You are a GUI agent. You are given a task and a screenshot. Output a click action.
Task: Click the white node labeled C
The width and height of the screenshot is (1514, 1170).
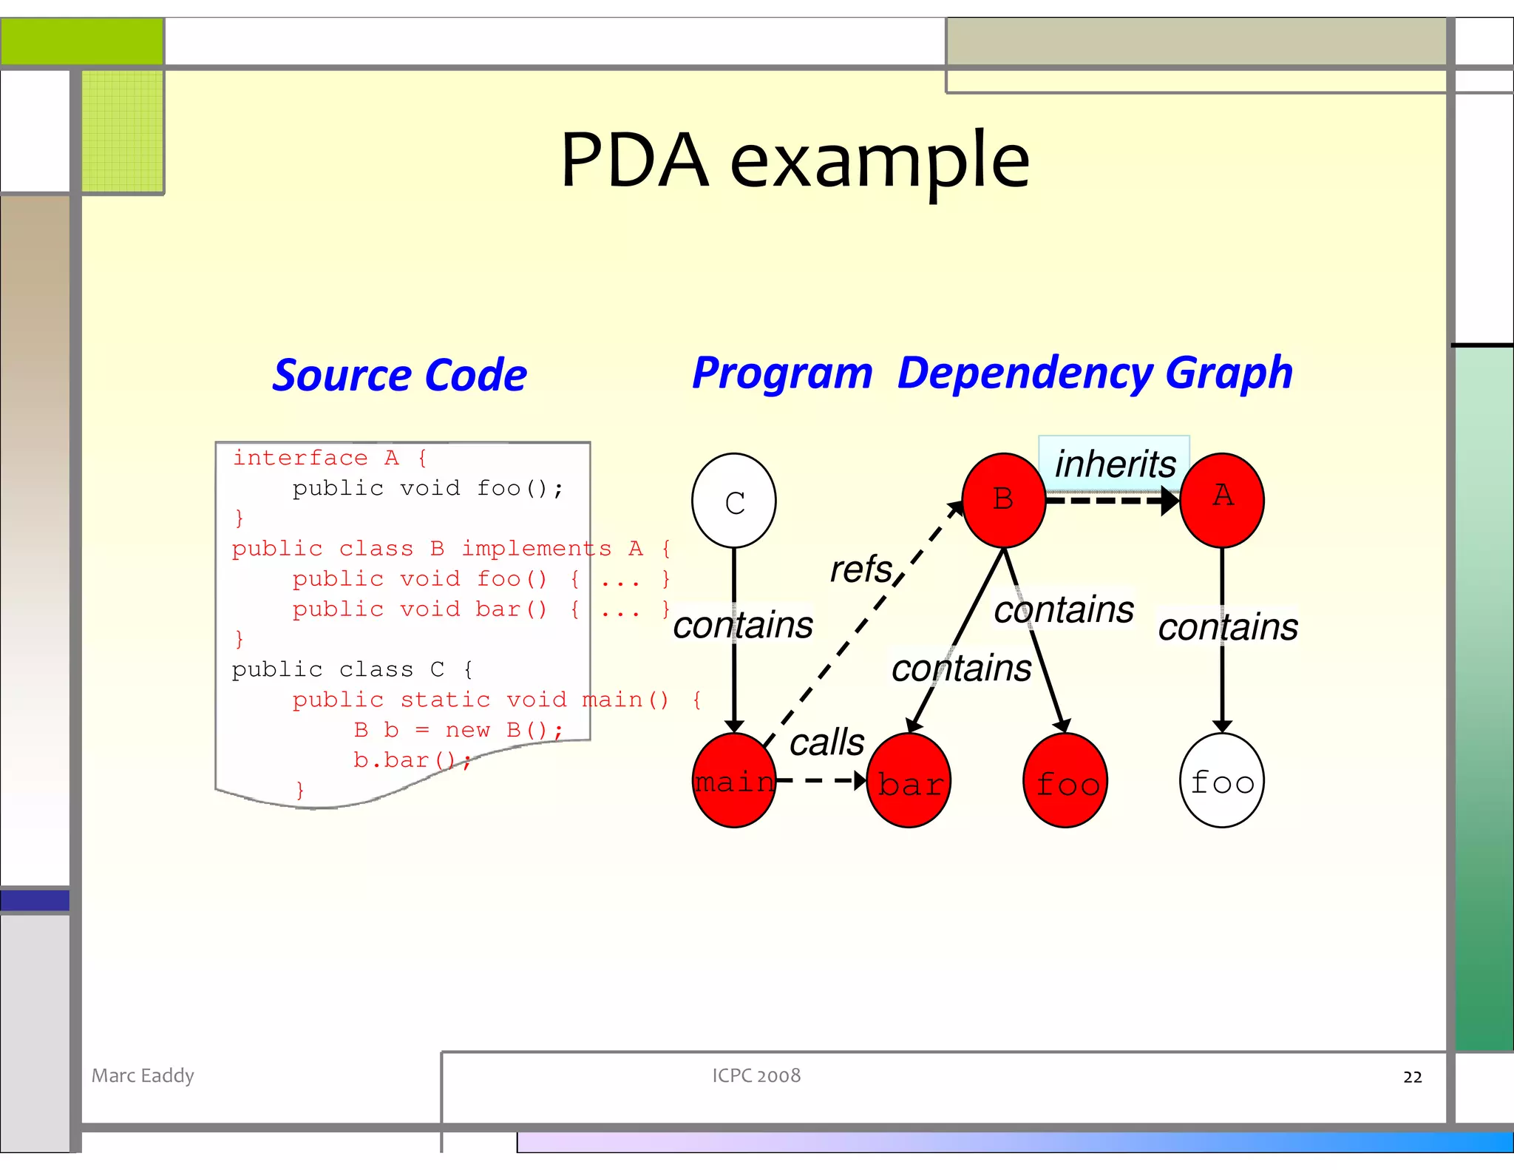[x=733, y=501]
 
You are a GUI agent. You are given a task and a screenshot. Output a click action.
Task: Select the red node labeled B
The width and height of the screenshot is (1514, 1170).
[x=1003, y=501]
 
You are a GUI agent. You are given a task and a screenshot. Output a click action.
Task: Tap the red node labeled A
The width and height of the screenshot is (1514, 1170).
[x=1221, y=501]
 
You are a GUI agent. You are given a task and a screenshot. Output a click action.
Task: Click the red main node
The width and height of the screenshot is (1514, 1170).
[x=733, y=780]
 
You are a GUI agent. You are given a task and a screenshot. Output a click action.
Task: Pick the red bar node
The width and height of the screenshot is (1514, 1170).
[x=908, y=780]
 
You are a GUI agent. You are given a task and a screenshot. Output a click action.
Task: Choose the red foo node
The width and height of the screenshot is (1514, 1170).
[x=1065, y=780]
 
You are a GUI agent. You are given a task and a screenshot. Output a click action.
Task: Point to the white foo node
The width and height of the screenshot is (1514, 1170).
[x=1221, y=780]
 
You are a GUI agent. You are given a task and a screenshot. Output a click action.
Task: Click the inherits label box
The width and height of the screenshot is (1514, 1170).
[x=1114, y=464]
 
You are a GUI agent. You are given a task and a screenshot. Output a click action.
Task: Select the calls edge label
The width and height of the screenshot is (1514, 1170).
[x=826, y=742]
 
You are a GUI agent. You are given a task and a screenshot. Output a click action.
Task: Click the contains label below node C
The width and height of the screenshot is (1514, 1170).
[x=742, y=625]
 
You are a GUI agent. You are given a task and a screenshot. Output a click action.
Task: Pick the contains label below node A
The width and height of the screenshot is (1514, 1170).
[x=1227, y=627]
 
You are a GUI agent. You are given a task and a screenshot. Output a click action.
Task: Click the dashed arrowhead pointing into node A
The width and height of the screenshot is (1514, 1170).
[x=1170, y=501]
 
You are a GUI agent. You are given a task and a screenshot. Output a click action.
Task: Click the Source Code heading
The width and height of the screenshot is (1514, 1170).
[x=399, y=375]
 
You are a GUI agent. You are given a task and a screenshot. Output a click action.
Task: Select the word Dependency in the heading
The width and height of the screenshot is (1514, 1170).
[x=1025, y=372]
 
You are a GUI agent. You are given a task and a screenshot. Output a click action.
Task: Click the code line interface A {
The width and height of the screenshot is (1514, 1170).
[x=330, y=458]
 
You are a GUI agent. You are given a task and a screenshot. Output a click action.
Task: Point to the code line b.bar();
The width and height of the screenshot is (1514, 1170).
[x=411, y=760]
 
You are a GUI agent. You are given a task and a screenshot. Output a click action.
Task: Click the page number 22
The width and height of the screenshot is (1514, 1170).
[x=1412, y=1077]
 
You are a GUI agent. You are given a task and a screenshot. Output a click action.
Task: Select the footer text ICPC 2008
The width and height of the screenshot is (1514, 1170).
[x=756, y=1075]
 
